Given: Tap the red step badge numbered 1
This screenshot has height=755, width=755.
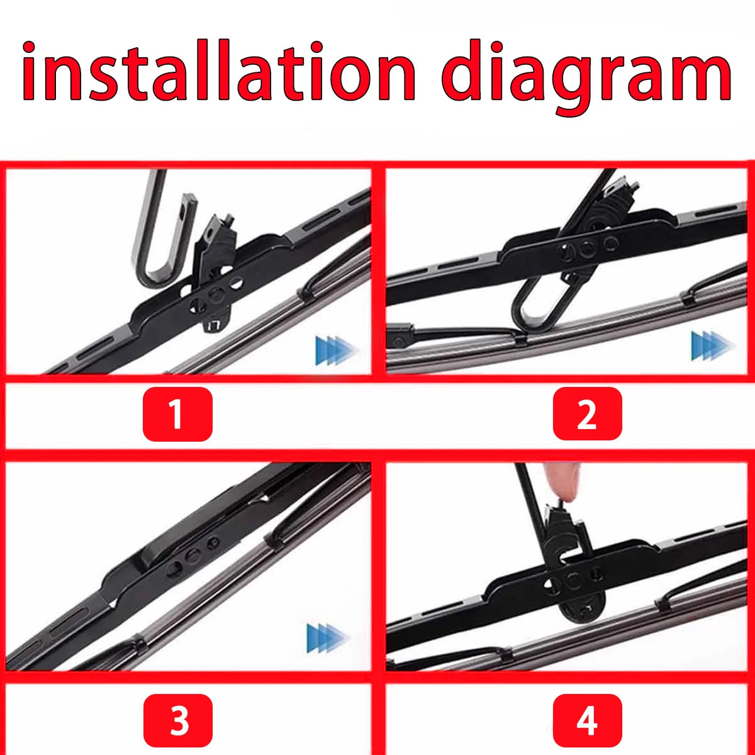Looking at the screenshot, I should [177, 414].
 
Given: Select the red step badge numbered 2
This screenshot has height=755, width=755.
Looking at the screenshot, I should [587, 414].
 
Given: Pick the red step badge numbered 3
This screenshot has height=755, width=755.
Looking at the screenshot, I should [177, 720].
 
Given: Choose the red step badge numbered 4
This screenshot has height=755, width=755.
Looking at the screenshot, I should [587, 720].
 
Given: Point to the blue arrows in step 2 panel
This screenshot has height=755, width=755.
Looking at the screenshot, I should [712, 345].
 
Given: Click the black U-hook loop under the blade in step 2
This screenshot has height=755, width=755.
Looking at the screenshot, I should [535, 308].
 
